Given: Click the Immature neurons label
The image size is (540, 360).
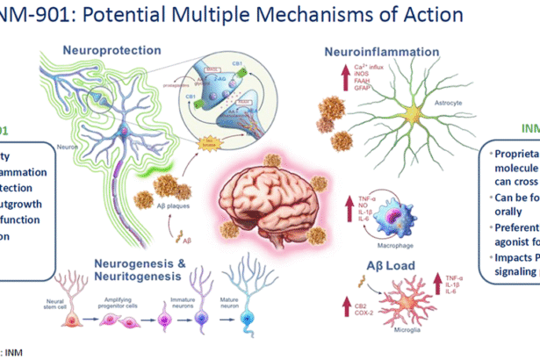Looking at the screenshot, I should [x=181, y=327].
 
